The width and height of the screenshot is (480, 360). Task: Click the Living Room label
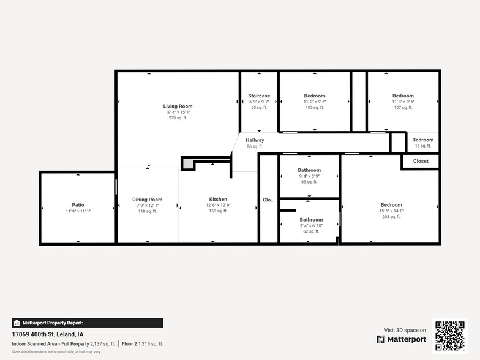point(178,107)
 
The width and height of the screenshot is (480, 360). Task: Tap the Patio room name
point(78,205)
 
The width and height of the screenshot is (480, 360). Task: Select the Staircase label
point(259,96)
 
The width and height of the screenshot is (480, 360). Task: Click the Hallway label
point(255,140)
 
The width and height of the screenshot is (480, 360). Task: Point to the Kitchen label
point(218,200)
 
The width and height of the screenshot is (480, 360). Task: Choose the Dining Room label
point(147,200)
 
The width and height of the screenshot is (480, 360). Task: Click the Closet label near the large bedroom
point(421,161)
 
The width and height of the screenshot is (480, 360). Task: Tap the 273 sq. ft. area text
point(178,118)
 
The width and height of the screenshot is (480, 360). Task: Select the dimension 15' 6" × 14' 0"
point(391,211)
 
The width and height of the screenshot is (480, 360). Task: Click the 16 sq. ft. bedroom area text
point(422,146)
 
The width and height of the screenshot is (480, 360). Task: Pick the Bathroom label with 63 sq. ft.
point(309,170)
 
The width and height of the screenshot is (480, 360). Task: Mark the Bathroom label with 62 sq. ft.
point(311,220)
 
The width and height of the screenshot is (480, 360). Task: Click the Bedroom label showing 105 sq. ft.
point(315,96)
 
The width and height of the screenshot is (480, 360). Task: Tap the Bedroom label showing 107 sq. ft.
point(403,96)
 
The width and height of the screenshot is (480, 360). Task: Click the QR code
point(449,336)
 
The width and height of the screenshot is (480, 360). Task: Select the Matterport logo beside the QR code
point(401,339)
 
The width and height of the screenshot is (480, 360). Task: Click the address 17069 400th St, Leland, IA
point(48,334)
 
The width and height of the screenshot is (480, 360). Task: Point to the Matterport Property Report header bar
point(87,323)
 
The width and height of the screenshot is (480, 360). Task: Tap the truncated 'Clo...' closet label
point(268,200)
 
